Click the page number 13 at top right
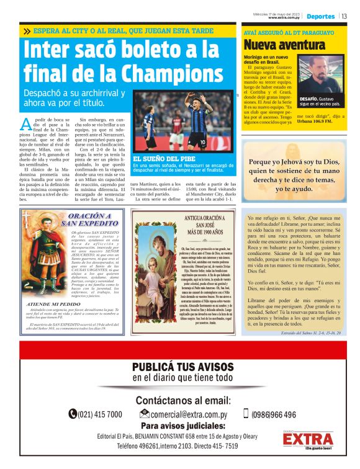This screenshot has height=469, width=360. tap(344, 16)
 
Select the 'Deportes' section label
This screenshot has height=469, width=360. tap(320, 16)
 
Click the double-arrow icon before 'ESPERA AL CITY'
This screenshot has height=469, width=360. tap(27, 30)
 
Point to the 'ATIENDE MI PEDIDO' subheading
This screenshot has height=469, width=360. tap(52, 304)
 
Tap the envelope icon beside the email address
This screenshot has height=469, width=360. tap(144, 414)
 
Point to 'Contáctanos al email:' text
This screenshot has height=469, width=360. tap(183, 400)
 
